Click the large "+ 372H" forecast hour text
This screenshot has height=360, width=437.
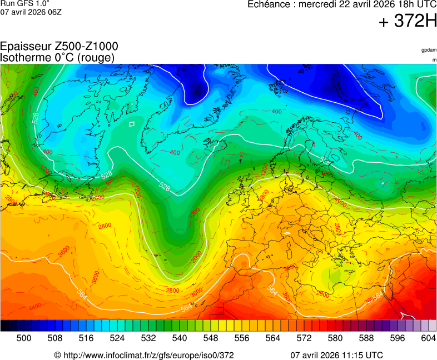408,22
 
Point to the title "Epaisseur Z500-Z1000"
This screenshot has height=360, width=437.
59,47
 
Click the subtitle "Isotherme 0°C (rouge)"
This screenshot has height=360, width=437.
57,57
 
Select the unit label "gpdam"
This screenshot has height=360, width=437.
429,50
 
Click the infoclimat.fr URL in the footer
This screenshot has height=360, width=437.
143,355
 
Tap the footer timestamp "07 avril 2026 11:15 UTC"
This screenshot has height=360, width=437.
336,355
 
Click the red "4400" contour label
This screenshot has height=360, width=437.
35,307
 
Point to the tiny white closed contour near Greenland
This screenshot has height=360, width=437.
132,124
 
